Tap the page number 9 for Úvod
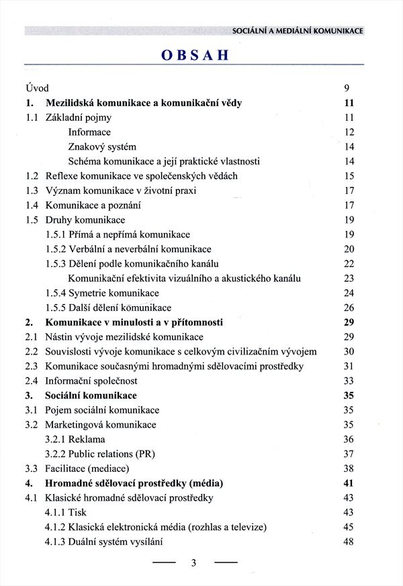click(x=347, y=88)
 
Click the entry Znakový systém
click(x=102, y=147)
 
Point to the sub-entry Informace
click(x=89, y=132)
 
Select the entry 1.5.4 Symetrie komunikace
click(x=102, y=293)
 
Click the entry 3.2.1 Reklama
click(x=75, y=439)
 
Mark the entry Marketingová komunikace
click(x=101, y=425)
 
